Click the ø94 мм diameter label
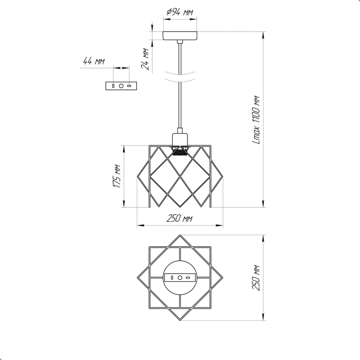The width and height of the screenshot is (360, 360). (x=180, y=12)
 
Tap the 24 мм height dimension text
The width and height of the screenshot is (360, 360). (x=145, y=59)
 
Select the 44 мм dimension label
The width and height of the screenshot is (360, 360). (x=94, y=61)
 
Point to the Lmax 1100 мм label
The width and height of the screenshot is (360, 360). (x=256, y=120)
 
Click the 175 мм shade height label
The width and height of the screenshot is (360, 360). (x=117, y=176)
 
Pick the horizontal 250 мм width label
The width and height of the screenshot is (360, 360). (x=179, y=219)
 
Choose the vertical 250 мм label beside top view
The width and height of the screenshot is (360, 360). (x=256, y=278)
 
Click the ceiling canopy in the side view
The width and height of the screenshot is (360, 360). (x=180, y=36)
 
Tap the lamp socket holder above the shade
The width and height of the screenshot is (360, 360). (x=180, y=139)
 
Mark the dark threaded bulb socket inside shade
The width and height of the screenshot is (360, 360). (x=180, y=152)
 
